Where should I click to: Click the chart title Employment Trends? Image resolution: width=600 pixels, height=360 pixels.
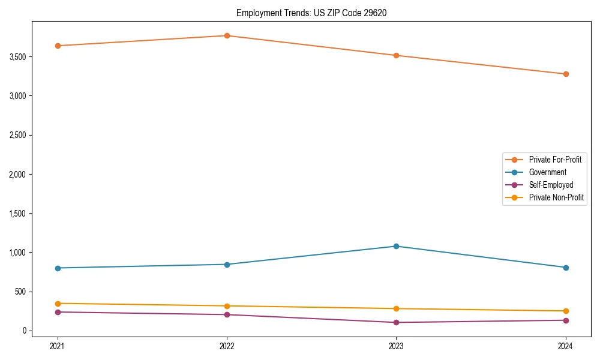(x=311, y=13)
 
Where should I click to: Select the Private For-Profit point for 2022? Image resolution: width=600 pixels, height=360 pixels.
(x=227, y=36)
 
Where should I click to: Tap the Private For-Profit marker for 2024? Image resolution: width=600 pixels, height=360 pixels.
(x=566, y=74)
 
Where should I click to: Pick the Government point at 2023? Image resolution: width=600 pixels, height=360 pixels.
(x=397, y=246)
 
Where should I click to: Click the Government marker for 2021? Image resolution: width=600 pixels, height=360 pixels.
(x=58, y=268)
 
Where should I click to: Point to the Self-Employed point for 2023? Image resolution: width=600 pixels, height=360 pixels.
(x=397, y=322)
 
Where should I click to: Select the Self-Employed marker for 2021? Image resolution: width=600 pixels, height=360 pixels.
(x=58, y=312)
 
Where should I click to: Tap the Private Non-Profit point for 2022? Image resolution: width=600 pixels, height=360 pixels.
(x=227, y=306)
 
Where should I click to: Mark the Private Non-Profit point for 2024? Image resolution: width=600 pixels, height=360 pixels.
(x=566, y=311)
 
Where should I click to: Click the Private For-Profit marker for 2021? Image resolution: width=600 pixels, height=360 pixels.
(x=58, y=46)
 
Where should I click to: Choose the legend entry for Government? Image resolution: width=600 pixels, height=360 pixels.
(x=547, y=172)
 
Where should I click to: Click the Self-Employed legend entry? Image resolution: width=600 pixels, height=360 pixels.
(x=551, y=185)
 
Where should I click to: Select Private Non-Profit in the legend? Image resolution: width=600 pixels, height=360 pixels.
(x=556, y=197)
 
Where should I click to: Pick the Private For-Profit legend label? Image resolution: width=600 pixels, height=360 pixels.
(x=555, y=160)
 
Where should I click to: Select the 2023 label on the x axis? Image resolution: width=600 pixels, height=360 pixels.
(x=397, y=346)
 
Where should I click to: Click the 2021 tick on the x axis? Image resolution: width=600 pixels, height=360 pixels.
(x=58, y=346)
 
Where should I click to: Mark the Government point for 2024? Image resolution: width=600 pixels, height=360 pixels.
(x=566, y=268)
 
